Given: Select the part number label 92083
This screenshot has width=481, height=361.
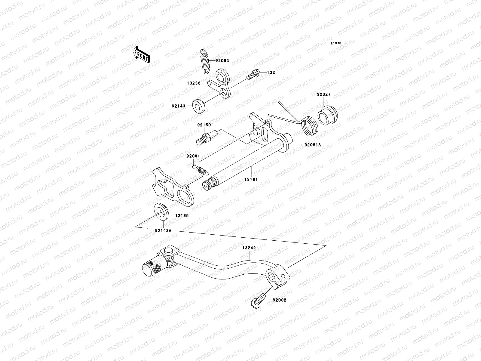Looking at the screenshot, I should (x=222, y=60).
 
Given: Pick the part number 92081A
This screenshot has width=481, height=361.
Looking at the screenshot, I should (x=313, y=145).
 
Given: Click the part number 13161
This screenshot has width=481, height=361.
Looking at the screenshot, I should (x=251, y=179).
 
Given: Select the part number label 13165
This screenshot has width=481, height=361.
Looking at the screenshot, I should (x=182, y=216).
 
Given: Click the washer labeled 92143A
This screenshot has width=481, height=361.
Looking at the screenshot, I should (x=161, y=211).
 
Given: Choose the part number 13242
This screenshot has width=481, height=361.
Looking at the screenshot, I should (x=249, y=248).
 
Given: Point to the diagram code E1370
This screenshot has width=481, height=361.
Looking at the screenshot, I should (x=336, y=43).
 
